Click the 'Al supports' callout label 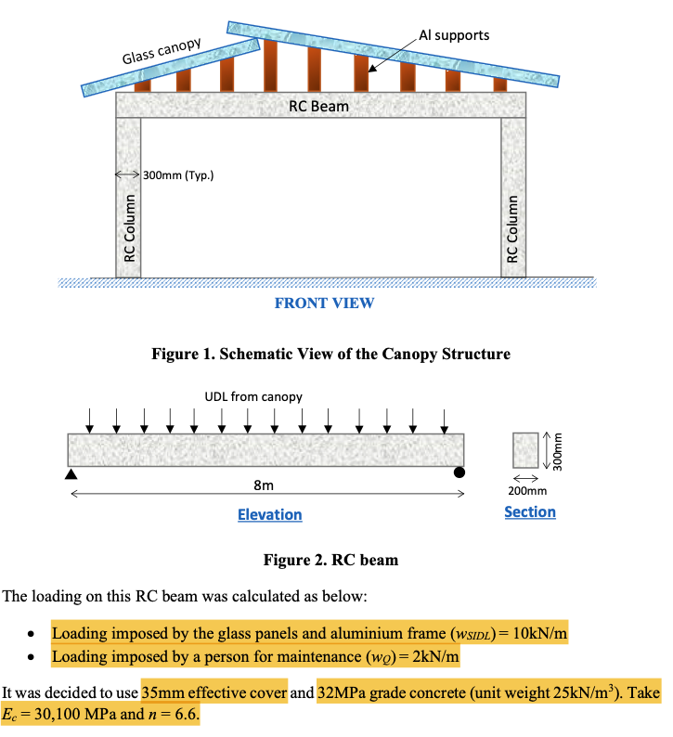[x=454, y=34]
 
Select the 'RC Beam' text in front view [x=318, y=106]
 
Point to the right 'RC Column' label [x=512, y=227]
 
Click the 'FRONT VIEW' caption [x=324, y=303]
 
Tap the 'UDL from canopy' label [x=253, y=396]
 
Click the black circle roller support [x=459, y=473]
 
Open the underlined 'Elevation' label [x=269, y=514]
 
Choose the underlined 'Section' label [x=529, y=511]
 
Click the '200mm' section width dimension [x=529, y=490]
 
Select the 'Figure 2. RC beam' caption [x=330, y=559]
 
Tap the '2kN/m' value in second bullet [x=434, y=658]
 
